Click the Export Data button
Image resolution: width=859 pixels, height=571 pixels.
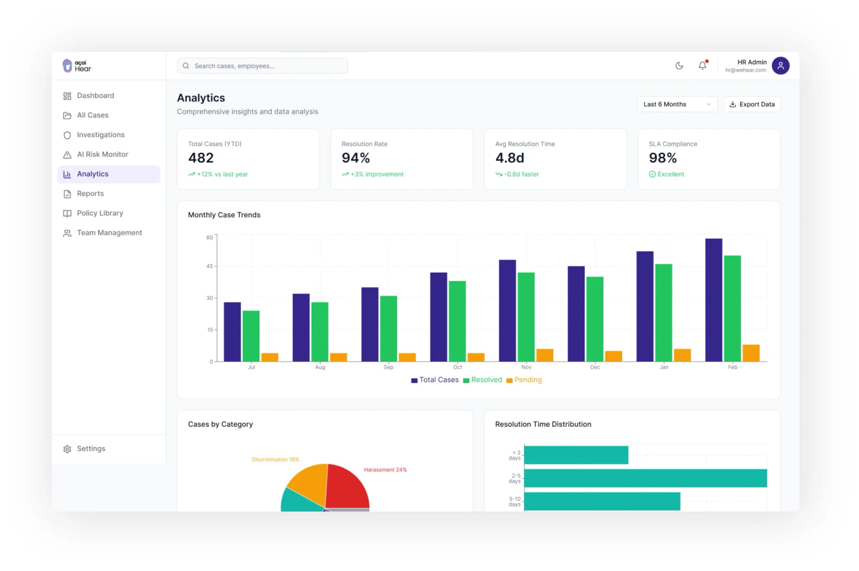pyautogui.click(x=752, y=104)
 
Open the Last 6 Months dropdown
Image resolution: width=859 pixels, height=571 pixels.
pyautogui.click(x=677, y=104)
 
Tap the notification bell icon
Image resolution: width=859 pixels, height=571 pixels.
pyautogui.click(x=702, y=65)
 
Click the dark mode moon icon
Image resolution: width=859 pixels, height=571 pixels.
pyautogui.click(x=679, y=65)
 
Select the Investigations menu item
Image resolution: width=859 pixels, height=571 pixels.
pyautogui.click(x=100, y=135)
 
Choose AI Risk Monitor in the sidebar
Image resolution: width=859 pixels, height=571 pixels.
pyautogui.click(x=102, y=154)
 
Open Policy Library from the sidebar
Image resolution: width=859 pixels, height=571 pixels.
pyautogui.click(x=100, y=213)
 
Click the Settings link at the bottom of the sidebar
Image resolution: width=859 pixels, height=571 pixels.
pyautogui.click(x=91, y=449)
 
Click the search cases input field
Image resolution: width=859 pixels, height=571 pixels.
pyautogui.click(x=262, y=66)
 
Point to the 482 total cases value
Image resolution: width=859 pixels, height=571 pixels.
pyautogui.click(x=201, y=158)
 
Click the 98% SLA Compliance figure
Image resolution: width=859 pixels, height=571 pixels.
pyautogui.click(x=662, y=158)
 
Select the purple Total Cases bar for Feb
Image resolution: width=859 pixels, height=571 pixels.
pyautogui.click(x=713, y=300)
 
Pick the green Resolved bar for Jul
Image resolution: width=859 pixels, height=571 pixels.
pyautogui.click(x=251, y=335)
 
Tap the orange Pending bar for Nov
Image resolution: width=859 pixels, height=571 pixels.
pyautogui.click(x=544, y=355)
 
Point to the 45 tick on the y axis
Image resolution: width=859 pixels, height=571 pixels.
pyautogui.click(x=209, y=266)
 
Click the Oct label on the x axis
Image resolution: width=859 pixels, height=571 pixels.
pyautogui.click(x=457, y=367)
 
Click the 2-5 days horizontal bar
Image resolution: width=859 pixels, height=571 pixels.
pyautogui.click(x=645, y=478)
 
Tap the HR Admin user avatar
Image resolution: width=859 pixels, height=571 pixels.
pyautogui.click(x=780, y=66)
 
